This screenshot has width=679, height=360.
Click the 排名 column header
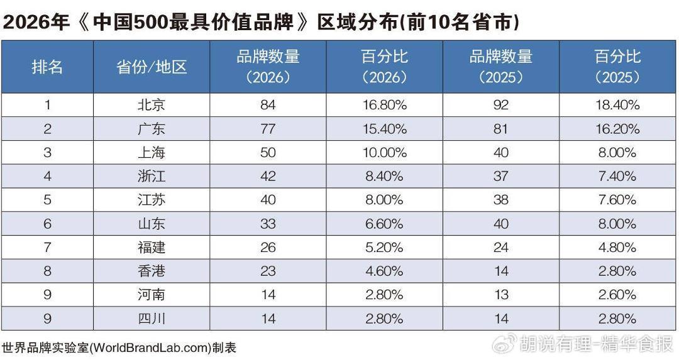[47, 67]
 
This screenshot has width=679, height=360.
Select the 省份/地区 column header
[152, 67]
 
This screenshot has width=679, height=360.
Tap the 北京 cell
[152, 105]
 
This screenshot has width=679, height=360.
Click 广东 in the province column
[152, 129]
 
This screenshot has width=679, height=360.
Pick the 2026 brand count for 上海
[268, 152]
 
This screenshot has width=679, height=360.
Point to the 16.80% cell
[385, 105]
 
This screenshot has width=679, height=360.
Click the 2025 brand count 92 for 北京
[501, 105]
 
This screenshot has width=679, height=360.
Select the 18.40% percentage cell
[617, 105]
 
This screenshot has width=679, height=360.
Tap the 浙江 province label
[152, 176]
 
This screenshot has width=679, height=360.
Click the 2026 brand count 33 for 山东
[268, 224]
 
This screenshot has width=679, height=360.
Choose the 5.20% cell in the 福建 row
[385, 248]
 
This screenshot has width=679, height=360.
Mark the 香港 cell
[152, 271]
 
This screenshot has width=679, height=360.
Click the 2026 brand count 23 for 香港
[268, 271]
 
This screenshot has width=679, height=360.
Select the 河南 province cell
[152, 295]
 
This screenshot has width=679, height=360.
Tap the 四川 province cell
[152, 319]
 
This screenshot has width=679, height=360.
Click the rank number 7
[47, 248]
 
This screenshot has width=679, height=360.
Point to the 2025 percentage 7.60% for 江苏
[617, 200]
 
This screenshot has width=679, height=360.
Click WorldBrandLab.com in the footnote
[151, 348]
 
